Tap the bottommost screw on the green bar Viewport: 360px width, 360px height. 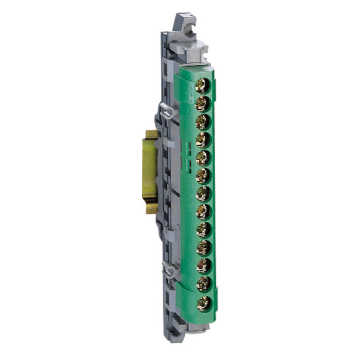pos(203,302)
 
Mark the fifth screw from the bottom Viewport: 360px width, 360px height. pos(203,229)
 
